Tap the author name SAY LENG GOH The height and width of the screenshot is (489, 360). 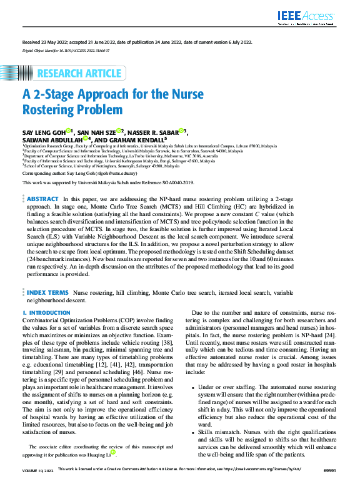click(x=43, y=132)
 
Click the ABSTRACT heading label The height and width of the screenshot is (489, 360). click(x=42, y=198)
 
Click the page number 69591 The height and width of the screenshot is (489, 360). click(x=329, y=485)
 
